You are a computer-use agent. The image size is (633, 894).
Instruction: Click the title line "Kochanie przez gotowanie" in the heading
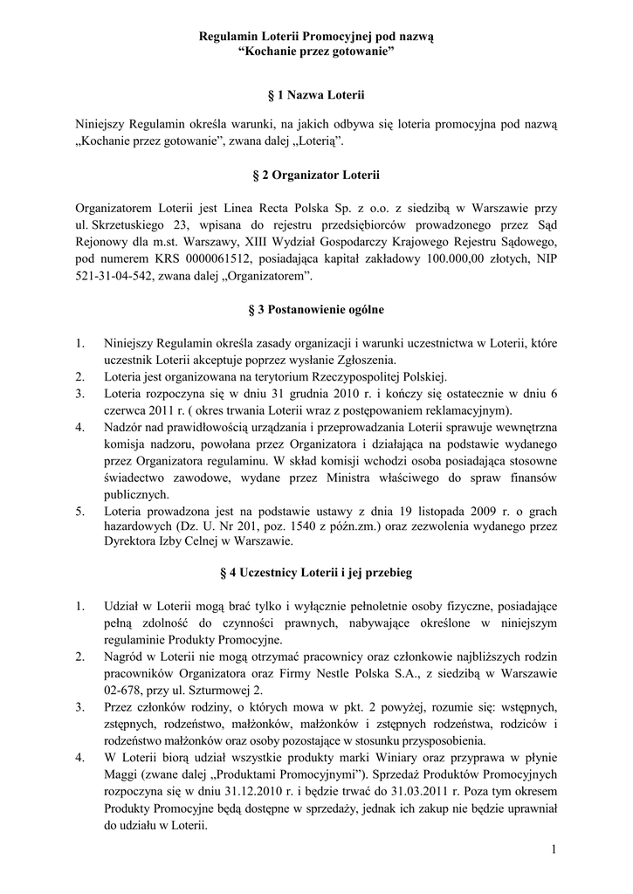click(316, 52)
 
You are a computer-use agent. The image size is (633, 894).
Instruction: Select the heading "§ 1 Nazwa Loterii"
click(316, 93)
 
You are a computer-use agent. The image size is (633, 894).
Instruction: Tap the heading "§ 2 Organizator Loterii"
click(316, 176)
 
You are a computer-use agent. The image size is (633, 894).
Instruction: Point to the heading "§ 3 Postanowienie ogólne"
click(316, 309)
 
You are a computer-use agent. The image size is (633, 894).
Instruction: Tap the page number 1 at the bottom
click(554, 849)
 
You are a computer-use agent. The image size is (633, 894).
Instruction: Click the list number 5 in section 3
click(79, 509)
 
